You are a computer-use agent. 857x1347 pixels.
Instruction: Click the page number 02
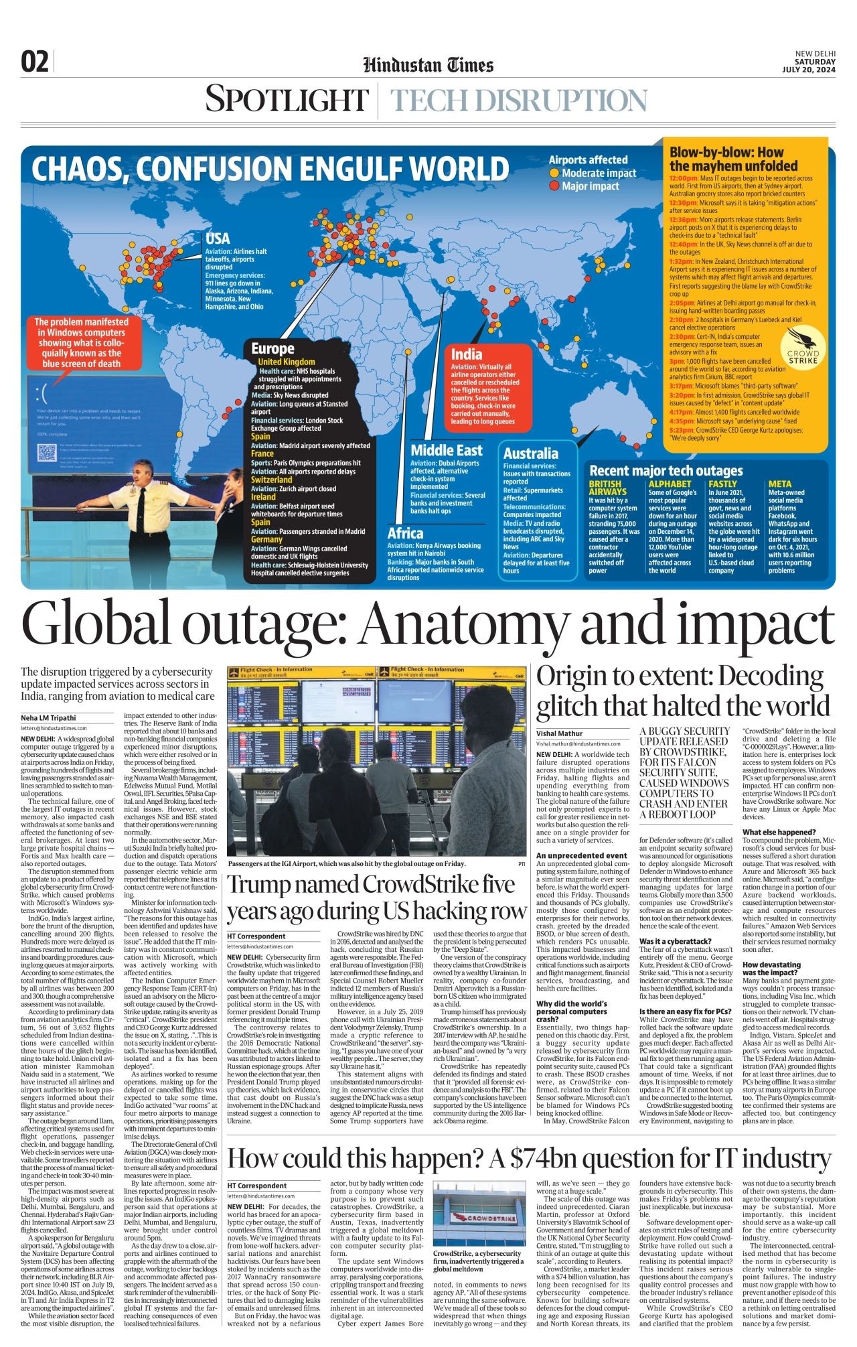[35, 62]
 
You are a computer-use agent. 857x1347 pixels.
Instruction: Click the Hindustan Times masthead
[428, 65]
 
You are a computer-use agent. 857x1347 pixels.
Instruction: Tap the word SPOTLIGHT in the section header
[287, 99]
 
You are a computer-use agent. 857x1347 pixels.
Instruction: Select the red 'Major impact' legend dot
[554, 186]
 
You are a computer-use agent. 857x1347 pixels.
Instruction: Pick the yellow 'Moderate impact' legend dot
[554, 173]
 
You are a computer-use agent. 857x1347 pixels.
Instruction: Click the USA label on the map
[218, 238]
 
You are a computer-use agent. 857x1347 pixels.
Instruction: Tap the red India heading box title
[467, 354]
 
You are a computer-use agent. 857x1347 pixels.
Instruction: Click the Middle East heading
[446, 450]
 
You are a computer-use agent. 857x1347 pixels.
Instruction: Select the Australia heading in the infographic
[530, 453]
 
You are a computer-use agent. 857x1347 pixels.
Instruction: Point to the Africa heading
[405, 533]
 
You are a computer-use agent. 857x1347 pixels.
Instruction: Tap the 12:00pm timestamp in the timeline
[684, 179]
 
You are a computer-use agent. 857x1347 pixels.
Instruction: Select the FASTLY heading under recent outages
[722, 484]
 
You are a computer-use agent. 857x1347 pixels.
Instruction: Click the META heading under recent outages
[779, 484]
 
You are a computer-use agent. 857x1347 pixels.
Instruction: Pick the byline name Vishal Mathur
[559, 733]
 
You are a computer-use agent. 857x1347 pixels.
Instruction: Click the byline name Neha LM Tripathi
[48, 717]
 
